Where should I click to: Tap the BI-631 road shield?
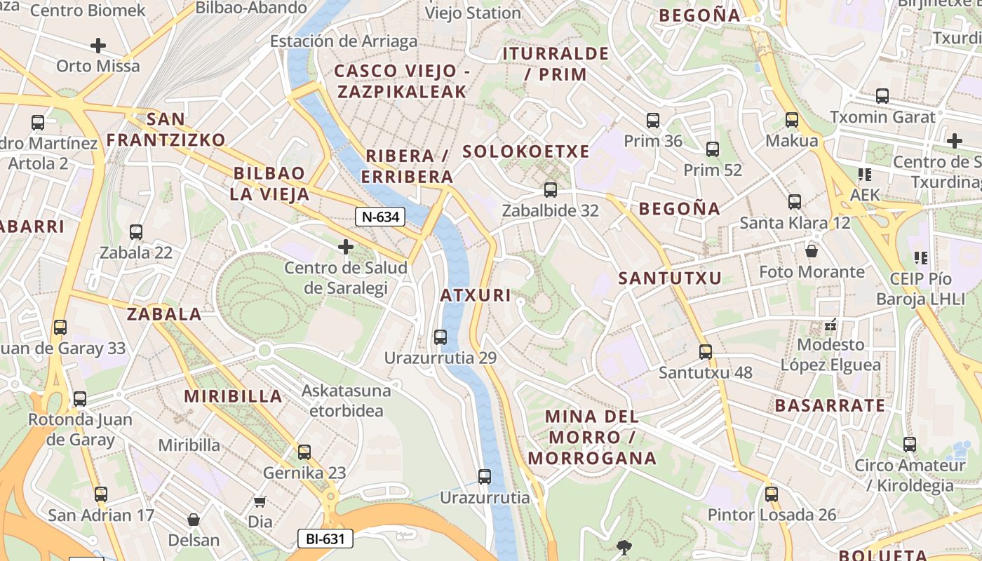pyautogui.click(x=325, y=539)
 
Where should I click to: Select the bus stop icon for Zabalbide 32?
pyautogui.click(x=551, y=189)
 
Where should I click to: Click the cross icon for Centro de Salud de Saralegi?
pyautogui.click(x=345, y=246)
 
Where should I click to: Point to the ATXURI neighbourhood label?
pyautogui.click(x=476, y=295)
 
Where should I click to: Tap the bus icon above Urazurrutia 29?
pyautogui.click(x=440, y=337)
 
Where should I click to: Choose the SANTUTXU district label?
pyautogui.click(x=669, y=278)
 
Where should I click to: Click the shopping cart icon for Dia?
pyautogui.click(x=260, y=501)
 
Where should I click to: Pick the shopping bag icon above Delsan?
pyautogui.click(x=194, y=520)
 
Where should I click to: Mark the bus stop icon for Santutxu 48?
pyautogui.click(x=706, y=351)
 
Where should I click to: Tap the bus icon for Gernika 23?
pyautogui.click(x=304, y=452)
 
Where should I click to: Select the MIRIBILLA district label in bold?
pyautogui.click(x=233, y=396)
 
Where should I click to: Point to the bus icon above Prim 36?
pyautogui.click(x=653, y=120)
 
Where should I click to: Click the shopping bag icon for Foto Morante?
pyautogui.click(x=812, y=250)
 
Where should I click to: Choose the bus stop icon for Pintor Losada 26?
pyautogui.click(x=772, y=494)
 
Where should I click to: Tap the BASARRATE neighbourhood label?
pyautogui.click(x=830, y=405)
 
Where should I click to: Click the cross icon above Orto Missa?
pyautogui.click(x=98, y=46)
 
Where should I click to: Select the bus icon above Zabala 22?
pyautogui.click(x=136, y=231)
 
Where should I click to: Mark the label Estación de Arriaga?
pyautogui.click(x=344, y=41)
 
